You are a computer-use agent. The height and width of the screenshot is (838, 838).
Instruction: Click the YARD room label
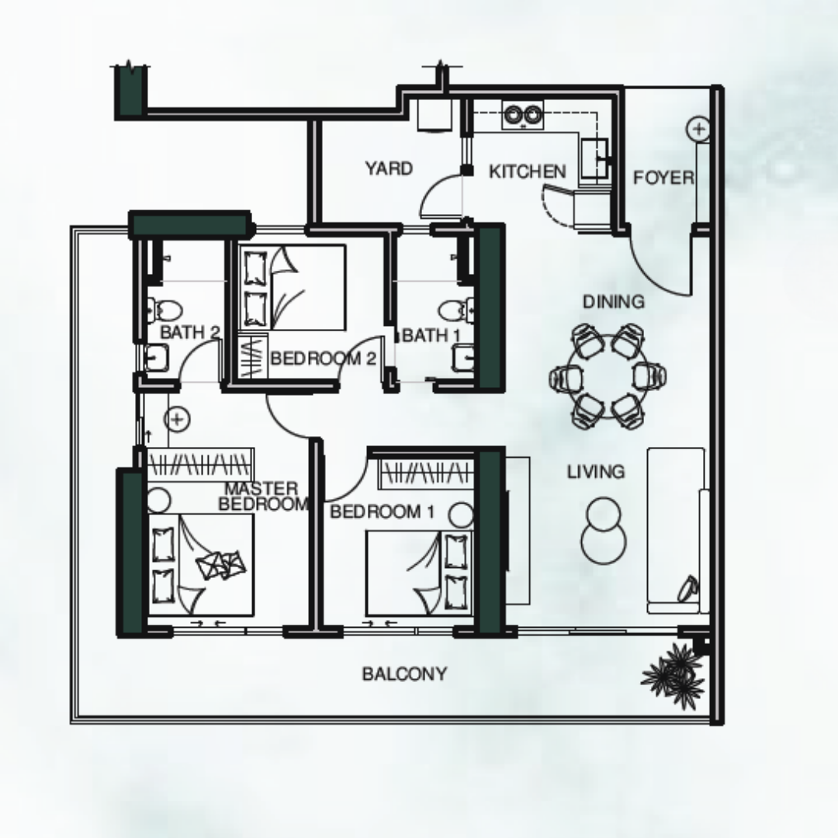(389, 168)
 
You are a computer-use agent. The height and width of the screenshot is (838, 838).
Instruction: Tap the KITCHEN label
(528, 171)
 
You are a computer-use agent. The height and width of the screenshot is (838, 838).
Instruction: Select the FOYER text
(663, 178)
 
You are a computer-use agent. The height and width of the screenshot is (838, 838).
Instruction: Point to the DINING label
(614, 302)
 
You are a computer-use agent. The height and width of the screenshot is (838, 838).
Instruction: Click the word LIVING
(596, 472)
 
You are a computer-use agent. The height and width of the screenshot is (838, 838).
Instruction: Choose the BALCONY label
(404, 674)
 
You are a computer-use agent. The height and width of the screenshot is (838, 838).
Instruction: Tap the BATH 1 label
(432, 336)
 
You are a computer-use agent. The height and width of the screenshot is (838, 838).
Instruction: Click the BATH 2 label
(190, 332)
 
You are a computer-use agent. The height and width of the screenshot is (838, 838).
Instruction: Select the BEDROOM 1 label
(382, 512)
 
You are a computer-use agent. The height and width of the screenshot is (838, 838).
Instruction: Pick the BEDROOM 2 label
(324, 358)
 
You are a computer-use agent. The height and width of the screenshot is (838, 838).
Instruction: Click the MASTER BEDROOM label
(263, 497)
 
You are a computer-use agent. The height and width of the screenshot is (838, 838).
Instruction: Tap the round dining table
(608, 376)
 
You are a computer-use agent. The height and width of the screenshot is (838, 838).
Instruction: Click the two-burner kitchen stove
(523, 114)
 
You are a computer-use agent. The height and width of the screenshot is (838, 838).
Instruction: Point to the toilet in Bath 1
(456, 310)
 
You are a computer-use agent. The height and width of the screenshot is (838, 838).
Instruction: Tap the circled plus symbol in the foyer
(698, 129)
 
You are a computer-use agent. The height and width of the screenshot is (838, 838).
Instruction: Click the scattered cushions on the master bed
(221, 564)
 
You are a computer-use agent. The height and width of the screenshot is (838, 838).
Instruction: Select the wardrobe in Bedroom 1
(427, 473)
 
